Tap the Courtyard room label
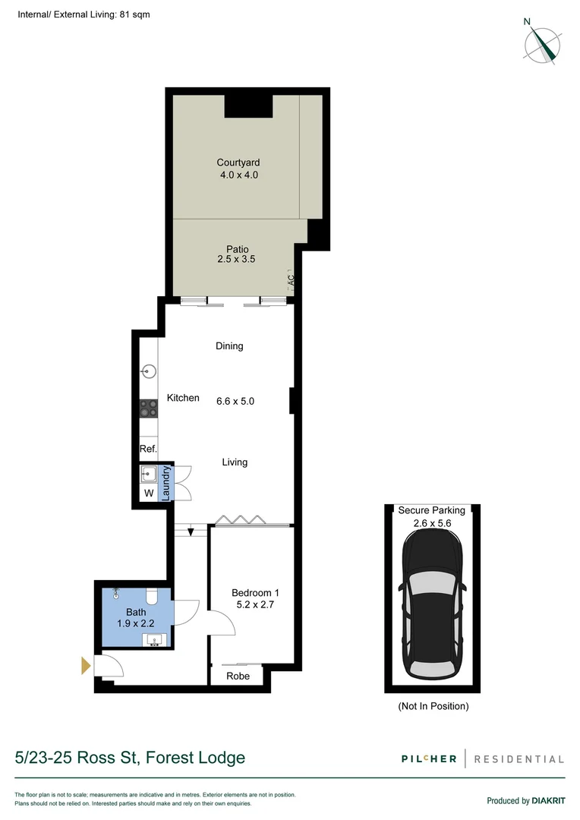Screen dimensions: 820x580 tap(238, 162)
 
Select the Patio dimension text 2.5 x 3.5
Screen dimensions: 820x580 tap(237, 259)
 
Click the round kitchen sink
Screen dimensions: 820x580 tap(149, 372)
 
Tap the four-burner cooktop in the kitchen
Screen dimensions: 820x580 tap(148, 408)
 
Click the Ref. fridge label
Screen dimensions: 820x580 tap(148, 449)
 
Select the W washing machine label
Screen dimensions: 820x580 tap(149, 494)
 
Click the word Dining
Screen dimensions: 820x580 tap(229, 346)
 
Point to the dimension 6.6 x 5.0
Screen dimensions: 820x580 tap(235, 400)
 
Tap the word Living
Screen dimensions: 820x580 tap(235, 462)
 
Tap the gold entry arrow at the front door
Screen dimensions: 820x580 tap(86, 667)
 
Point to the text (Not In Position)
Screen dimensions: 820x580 tap(433, 706)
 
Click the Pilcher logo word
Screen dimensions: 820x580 tap(430, 758)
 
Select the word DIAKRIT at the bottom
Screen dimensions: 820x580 tap(548, 800)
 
